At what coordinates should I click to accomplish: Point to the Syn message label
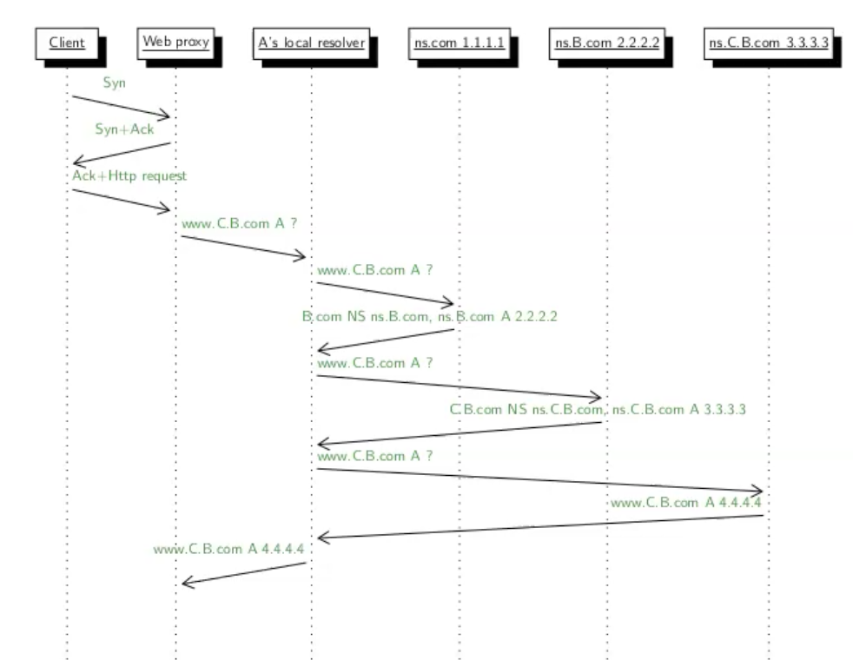114,83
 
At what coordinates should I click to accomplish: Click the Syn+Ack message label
123,129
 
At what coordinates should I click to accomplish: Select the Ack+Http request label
129,175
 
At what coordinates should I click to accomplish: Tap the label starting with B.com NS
429,317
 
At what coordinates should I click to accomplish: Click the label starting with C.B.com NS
598,409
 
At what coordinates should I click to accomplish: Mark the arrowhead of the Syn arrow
167,116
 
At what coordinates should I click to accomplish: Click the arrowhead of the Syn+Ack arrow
77,162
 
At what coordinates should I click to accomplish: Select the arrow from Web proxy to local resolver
243,247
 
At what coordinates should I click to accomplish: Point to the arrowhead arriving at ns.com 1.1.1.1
450,303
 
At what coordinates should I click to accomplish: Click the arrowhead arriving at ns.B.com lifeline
597,396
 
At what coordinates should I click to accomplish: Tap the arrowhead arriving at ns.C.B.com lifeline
758,491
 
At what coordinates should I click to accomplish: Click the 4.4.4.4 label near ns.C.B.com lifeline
686,502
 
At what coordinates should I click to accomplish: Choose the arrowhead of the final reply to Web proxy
185,583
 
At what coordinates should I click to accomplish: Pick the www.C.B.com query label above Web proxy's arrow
240,223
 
